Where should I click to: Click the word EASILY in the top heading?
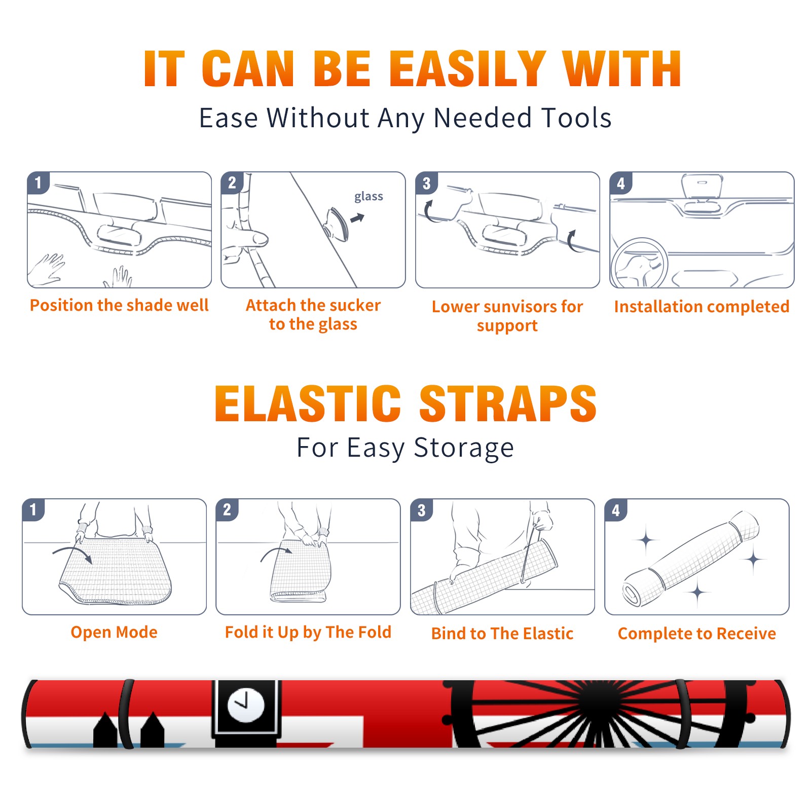[x=467, y=69]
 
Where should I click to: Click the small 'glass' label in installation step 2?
[x=368, y=197]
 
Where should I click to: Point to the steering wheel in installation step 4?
[x=640, y=264]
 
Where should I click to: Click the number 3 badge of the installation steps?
[x=426, y=183]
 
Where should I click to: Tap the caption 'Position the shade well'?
[x=119, y=305]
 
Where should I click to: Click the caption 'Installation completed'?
[x=702, y=306]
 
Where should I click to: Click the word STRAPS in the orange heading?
[x=508, y=403]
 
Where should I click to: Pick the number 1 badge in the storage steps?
[x=33, y=510]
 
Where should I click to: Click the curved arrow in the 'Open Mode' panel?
[x=72, y=553]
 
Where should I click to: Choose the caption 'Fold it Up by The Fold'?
[x=308, y=632]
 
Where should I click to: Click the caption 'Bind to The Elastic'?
[x=502, y=633]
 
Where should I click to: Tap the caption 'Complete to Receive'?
[x=697, y=633]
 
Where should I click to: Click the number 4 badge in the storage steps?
[x=616, y=510]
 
